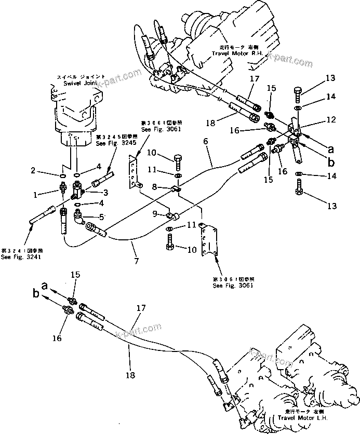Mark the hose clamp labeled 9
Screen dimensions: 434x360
(170, 215)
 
